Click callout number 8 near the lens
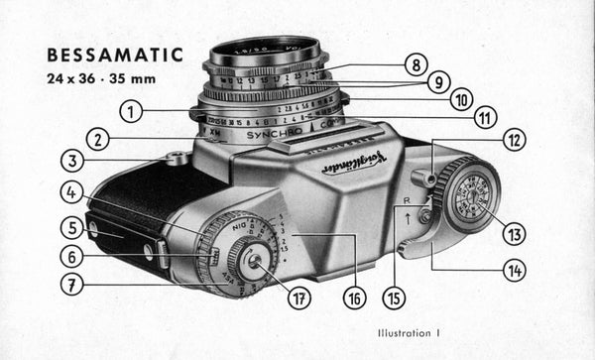415,66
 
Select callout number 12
514,141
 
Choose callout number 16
353,296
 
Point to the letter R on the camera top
408,199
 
